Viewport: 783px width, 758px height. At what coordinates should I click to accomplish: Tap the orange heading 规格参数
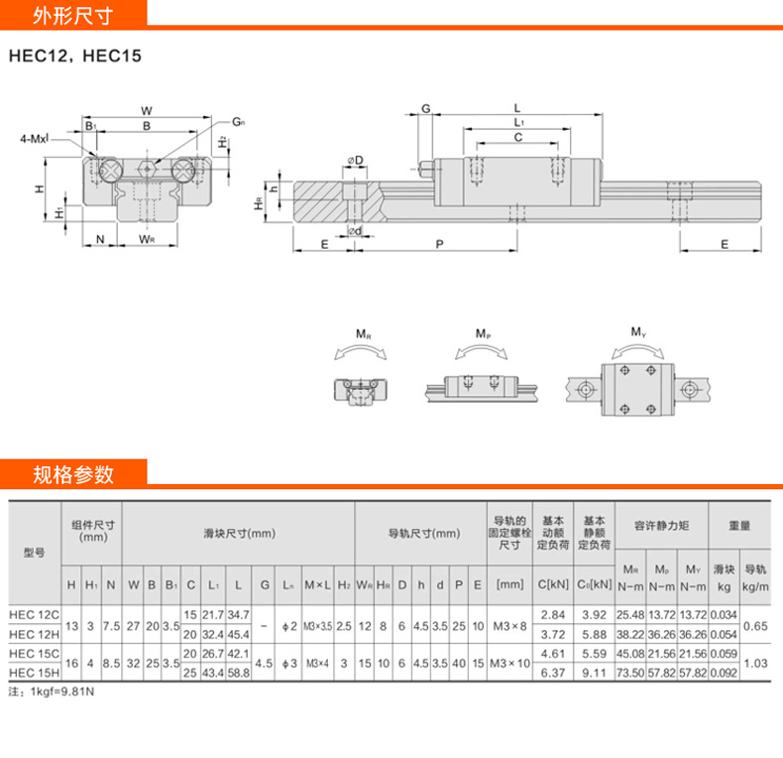[73, 473]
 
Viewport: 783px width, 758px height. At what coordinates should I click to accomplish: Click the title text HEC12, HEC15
[75, 56]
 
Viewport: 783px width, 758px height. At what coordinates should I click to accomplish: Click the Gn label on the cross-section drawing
[238, 122]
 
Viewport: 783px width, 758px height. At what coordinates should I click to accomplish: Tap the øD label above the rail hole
[354, 160]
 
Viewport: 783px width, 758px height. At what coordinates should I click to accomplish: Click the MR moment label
[364, 334]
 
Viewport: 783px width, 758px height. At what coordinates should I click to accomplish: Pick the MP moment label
[483, 334]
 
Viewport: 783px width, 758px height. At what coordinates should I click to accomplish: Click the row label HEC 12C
[35, 616]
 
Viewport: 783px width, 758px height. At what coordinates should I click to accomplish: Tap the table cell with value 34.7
[238, 616]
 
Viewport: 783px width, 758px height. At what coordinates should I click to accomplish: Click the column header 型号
[35, 553]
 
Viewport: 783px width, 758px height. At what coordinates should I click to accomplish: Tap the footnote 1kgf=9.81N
[57, 692]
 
